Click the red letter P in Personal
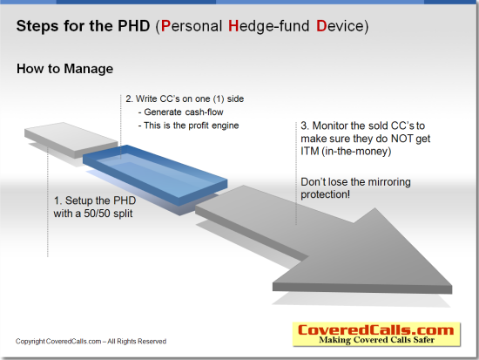point(165,26)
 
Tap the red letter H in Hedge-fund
point(233,26)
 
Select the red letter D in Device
point(321,26)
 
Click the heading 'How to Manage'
point(64,69)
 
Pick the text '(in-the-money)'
point(356,152)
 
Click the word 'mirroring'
point(389,182)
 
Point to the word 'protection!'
point(326,195)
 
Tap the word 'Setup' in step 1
point(79,200)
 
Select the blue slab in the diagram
point(155,175)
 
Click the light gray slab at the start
point(71,139)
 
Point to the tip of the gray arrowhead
point(452,287)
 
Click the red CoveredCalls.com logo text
point(375,330)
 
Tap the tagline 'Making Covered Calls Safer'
point(376,340)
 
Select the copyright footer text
point(91,342)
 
